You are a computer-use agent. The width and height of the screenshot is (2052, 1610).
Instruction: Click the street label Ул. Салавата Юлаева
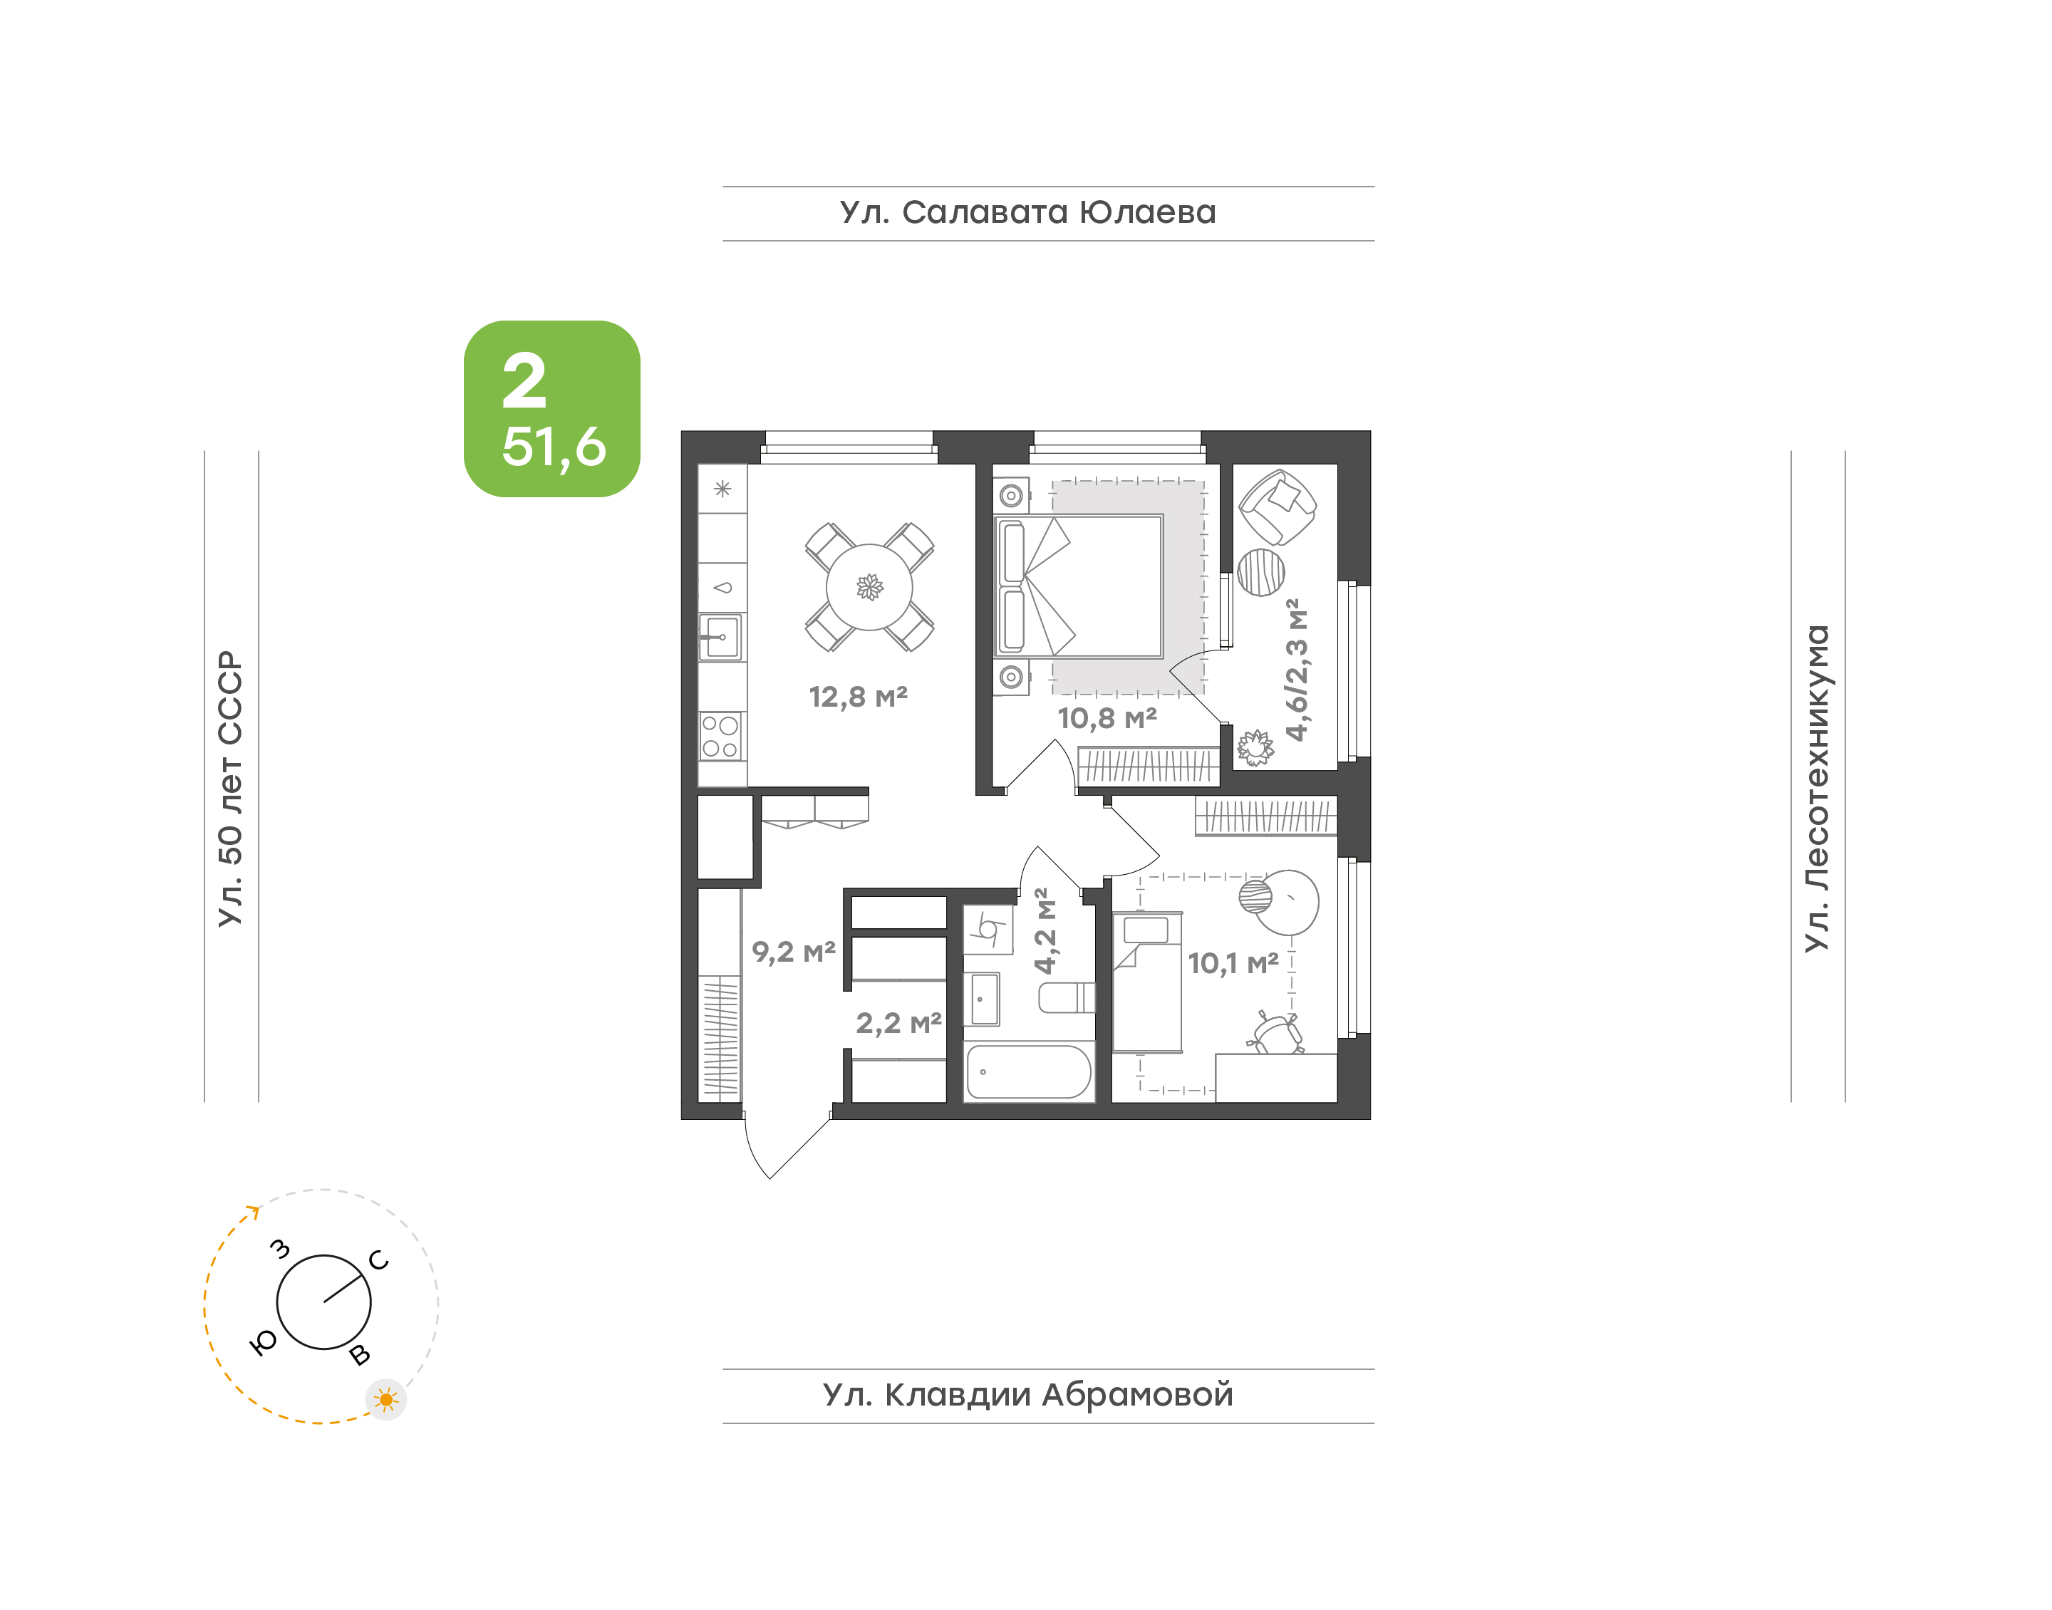pyautogui.click(x=1027, y=212)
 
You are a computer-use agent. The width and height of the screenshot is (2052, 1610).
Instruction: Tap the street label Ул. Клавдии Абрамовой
pyautogui.click(x=1027, y=1394)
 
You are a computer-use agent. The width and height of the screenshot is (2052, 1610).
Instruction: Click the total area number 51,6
pyautogui.click(x=554, y=447)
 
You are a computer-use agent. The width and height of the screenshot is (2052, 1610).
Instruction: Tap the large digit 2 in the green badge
pyautogui.click(x=524, y=381)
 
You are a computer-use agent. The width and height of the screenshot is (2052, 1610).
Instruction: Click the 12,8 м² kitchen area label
pyautogui.click(x=858, y=697)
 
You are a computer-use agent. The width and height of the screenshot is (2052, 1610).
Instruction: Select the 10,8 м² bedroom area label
pyautogui.click(x=1107, y=718)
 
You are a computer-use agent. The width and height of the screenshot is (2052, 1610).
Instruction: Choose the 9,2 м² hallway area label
pyautogui.click(x=793, y=952)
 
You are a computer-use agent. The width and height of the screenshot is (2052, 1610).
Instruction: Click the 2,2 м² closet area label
pyautogui.click(x=898, y=1023)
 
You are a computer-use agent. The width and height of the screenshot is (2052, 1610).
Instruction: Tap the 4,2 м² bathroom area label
pyautogui.click(x=1045, y=930)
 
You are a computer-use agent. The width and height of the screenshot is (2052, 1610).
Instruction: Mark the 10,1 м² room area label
pyautogui.click(x=1233, y=963)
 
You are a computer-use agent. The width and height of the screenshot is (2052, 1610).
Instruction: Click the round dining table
pyautogui.click(x=869, y=587)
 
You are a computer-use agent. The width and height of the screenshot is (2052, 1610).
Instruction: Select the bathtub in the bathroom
pyautogui.click(x=1028, y=1071)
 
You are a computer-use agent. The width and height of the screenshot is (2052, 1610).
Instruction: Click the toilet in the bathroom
pyautogui.click(x=1066, y=997)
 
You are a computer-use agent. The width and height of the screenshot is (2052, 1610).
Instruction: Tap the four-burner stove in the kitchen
pyautogui.click(x=721, y=736)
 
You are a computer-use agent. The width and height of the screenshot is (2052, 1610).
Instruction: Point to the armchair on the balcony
pyautogui.click(x=1278, y=507)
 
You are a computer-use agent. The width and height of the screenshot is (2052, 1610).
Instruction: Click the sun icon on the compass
pyautogui.click(x=385, y=1400)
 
